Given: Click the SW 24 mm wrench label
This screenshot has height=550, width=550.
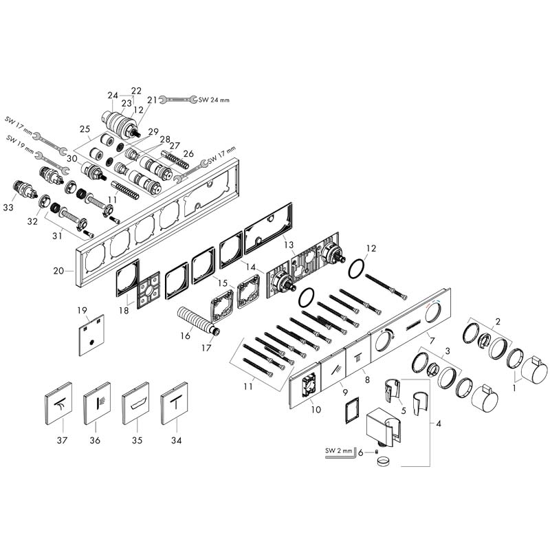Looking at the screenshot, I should pos(214,100).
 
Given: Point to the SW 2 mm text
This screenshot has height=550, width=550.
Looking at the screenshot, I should pos(338,451).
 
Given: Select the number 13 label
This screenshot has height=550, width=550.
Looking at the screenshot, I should pos(288,245).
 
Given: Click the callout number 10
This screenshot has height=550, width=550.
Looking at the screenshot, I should pos(316,410).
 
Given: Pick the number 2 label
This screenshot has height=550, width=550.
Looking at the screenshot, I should pos(497,320).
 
